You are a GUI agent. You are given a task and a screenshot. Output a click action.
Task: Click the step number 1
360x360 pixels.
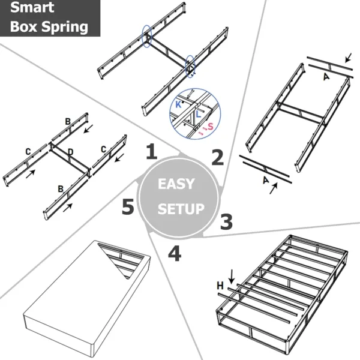(152, 152)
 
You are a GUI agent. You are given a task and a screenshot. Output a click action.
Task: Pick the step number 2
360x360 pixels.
(217, 157)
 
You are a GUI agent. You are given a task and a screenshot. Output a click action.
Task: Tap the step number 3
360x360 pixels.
(226, 221)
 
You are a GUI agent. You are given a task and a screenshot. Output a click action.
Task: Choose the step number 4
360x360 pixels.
(174, 254)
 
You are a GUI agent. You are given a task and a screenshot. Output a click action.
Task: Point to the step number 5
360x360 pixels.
(127, 208)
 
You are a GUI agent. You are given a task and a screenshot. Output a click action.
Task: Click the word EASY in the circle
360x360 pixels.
(176, 184)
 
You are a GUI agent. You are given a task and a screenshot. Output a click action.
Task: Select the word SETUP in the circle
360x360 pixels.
(181, 209)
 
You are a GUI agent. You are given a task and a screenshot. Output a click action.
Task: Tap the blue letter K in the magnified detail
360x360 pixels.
(178, 104)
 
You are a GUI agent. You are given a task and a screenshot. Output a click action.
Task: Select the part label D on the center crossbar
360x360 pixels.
(70, 152)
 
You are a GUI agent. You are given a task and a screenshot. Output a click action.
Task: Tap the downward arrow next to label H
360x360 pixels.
(232, 276)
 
